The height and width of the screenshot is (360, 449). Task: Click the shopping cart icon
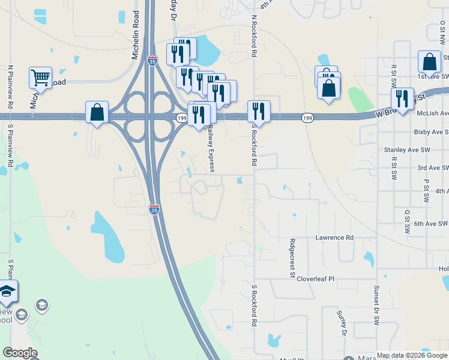pyautogui.click(x=40, y=77)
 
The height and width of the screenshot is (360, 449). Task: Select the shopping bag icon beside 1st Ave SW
pyautogui.click(x=429, y=61)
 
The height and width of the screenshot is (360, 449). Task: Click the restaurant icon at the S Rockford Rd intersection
pyautogui.click(x=259, y=111)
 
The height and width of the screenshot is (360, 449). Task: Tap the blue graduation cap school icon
pyautogui.click(x=7, y=292)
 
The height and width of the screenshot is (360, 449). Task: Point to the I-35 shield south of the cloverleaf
pyautogui.click(x=154, y=209)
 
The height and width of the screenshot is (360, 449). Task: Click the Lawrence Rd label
pyautogui.click(x=334, y=238)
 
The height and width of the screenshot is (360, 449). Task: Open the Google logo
pyautogui.click(x=20, y=353)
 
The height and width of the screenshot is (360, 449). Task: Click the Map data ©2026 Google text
pyautogui.click(x=412, y=355)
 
